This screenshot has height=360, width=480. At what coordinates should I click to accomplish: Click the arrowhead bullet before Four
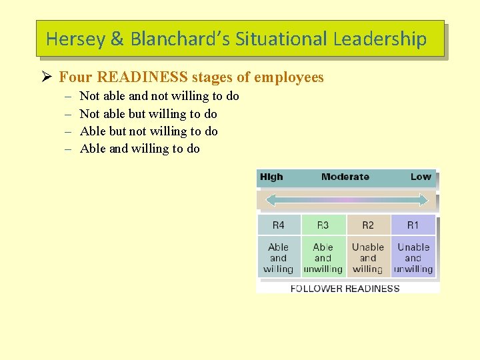tap(46, 77)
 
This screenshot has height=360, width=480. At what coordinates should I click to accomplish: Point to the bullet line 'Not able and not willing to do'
tap(159, 96)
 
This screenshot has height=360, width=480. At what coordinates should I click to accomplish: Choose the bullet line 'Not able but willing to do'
tap(148, 114)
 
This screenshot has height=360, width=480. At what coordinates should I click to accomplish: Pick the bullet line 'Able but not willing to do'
tap(149, 131)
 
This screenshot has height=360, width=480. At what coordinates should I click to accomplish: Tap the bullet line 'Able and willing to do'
tap(139, 149)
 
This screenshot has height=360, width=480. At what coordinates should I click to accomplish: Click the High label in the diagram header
tap(271, 177)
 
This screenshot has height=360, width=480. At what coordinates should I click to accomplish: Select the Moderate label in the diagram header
tap(345, 177)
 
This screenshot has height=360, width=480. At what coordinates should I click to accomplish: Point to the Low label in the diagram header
tap(421, 177)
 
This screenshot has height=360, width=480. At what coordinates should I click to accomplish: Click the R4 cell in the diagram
tap(279, 225)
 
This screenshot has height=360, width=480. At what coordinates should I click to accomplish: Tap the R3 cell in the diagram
tap(323, 225)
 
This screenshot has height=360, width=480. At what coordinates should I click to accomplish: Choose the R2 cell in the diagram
tap(368, 225)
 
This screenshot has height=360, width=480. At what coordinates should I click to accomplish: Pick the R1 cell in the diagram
tap(413, 225)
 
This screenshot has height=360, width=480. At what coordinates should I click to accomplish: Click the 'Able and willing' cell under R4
tap(279, 258)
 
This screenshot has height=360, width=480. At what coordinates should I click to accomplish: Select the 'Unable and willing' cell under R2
tap(368, 258)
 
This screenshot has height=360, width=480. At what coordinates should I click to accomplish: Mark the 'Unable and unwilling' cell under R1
tap(413, 258)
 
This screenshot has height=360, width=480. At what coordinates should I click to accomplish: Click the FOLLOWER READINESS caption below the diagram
tap(345, 289)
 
